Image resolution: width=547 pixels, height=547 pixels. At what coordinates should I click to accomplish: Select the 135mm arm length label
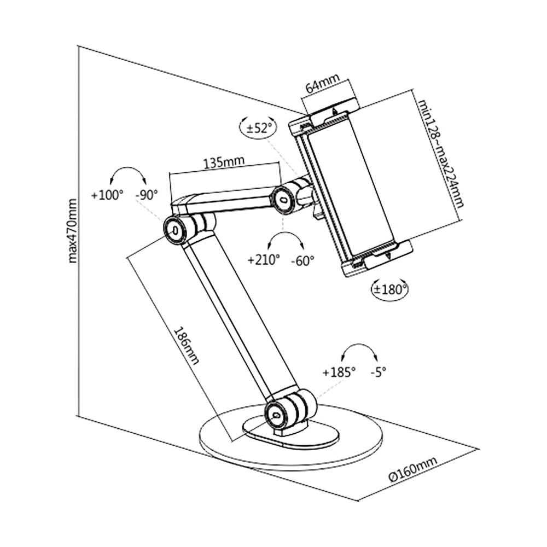[223, 162]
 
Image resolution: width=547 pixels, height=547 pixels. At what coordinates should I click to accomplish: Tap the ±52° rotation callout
[259, 129]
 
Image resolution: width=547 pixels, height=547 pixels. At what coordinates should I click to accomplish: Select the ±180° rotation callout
[390, 288]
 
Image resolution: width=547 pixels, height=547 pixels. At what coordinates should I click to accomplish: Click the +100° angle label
[108, 194]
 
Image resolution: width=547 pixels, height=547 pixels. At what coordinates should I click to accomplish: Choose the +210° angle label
[264, 260]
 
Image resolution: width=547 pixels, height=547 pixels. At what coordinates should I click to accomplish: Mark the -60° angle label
[302, 260]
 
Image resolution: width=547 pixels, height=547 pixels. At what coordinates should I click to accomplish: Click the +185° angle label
[339, 371]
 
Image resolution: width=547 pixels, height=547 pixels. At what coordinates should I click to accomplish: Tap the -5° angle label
[378, 371]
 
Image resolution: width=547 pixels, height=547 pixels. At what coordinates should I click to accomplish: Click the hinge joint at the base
[276, 415]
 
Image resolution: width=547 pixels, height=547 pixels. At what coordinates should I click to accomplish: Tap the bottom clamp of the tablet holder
[375, 257]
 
